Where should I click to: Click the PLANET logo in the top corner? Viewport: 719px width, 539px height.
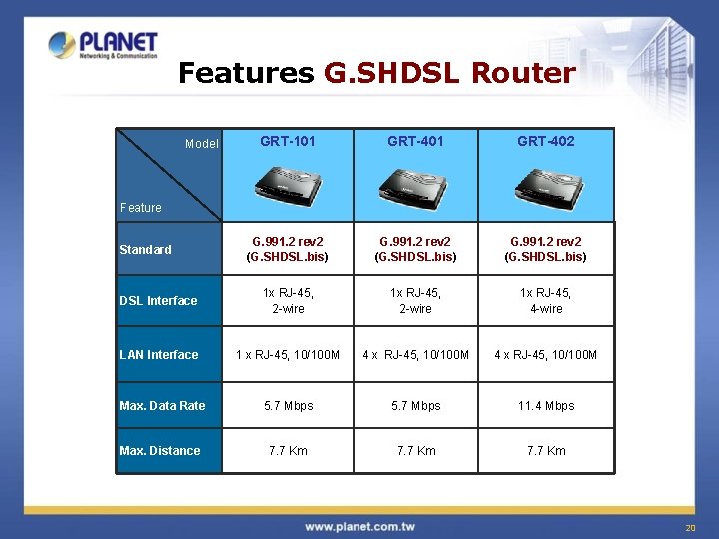point(103,45)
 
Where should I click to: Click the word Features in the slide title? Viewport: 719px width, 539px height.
point(245,74)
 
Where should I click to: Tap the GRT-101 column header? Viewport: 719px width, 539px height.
point(288,142)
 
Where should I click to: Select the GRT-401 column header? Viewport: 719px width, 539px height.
point(416,142)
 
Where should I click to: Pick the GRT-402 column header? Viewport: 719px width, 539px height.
point(546,142)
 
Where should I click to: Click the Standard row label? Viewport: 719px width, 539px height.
point(145,250)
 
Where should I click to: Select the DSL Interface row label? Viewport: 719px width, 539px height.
point(158,301)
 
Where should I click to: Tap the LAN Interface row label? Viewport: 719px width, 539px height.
point(159,355)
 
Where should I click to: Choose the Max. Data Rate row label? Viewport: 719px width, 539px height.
point(162,406)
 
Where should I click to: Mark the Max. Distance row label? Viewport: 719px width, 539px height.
point(160,451)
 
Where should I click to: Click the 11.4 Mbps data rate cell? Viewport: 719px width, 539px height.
point(546,406)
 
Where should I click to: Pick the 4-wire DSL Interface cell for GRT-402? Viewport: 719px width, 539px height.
point(546,301)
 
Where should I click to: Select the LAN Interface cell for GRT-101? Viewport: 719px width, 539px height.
point(288,355)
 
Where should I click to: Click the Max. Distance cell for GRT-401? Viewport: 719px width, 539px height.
point(416,451)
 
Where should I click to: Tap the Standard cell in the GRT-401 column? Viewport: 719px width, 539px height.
point(416,249)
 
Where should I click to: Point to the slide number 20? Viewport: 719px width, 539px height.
point(689,528)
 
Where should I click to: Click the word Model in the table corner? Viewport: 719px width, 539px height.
point(202,144)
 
